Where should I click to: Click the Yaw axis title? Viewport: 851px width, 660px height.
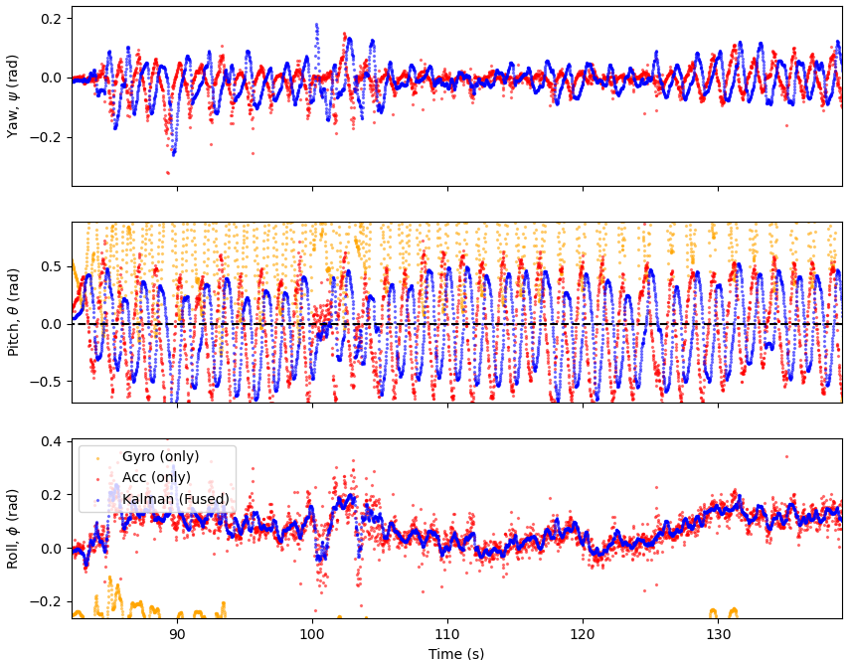tap(13, 95)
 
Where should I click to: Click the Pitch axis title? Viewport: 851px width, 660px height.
tap(13, 312)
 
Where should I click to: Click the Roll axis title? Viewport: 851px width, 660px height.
tap(13, 529)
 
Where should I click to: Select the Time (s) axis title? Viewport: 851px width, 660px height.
tap(456, 653)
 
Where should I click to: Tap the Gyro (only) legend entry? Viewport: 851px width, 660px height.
tap(160, 456)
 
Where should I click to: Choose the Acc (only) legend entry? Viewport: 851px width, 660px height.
tap(156, 478)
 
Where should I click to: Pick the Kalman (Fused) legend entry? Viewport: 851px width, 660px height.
tap(175, 499)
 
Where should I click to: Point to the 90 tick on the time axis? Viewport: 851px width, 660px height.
tap(177, 634)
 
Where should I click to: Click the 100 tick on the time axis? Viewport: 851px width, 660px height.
tap(312, 634)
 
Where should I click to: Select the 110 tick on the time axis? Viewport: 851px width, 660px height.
tap(447, 634)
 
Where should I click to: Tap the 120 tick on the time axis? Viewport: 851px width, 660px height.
tap(583, 634)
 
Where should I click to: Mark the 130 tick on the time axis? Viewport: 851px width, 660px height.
tap(718, 634)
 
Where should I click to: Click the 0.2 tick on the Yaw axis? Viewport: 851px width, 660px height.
tap(50, 19)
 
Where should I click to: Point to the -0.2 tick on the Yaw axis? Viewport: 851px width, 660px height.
tap(46, 137)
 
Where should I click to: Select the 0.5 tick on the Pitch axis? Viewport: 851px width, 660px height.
tap(50, 266)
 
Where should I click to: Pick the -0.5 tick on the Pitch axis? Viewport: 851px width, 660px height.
tap(46, 382)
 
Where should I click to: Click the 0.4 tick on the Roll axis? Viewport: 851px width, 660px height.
tap(50, 441)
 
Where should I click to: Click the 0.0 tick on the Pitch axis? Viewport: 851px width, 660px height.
tap(50, 324)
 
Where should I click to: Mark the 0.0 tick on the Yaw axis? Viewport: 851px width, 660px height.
tap(50, 78)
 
